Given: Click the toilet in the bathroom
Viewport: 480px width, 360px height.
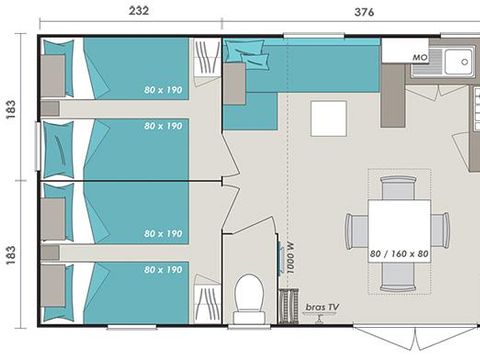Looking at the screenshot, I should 247,295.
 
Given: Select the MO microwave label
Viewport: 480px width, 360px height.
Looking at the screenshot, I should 421,59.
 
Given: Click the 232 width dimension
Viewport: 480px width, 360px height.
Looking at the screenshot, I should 140,11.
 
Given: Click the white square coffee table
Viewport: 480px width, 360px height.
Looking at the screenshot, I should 327,118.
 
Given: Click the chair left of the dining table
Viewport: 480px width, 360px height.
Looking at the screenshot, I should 355,231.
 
